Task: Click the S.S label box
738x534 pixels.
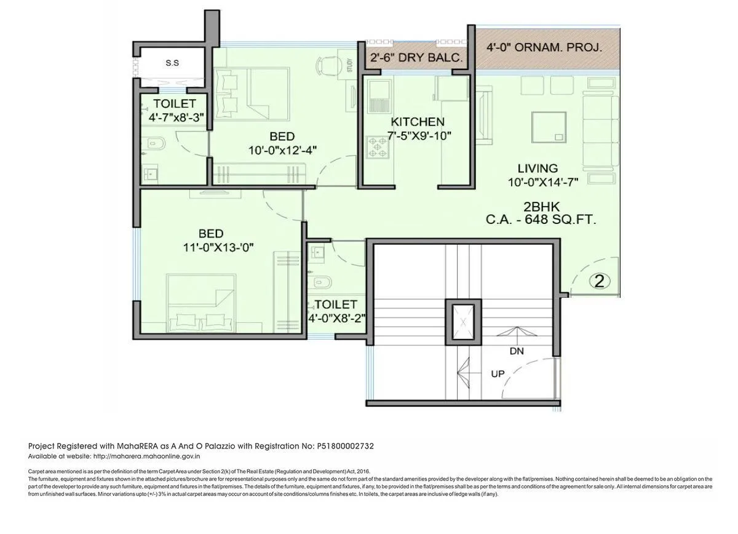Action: (x=172, y=63)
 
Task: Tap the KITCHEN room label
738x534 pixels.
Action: (x=417, y=122)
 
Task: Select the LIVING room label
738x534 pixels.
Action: (x=537, y=168)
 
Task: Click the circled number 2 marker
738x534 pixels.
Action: (x=600, y=281)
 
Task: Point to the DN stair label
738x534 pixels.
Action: (x=517, y=351)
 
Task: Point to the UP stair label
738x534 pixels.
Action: (x=498, y=373)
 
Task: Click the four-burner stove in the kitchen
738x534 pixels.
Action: (x=378, y=147)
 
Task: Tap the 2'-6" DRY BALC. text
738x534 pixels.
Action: (x=416, y=58)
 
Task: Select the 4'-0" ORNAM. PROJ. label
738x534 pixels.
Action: (x=544, y=47)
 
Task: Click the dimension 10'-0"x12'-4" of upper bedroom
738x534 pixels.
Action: (x=282, y=149)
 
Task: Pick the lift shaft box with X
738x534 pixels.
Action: (x=464, y=321)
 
